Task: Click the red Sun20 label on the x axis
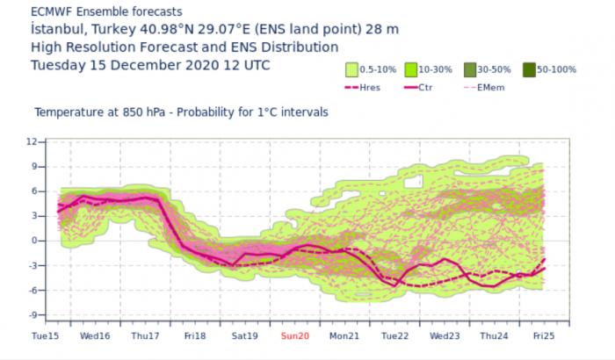pos(295,337)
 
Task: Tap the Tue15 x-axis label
pos(44,337)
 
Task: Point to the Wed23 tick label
pos(445,337)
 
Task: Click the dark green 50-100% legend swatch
pos(528,69)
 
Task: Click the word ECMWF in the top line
pos(51,11)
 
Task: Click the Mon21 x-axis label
pos(345,337)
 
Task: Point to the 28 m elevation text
pos(383,29)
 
